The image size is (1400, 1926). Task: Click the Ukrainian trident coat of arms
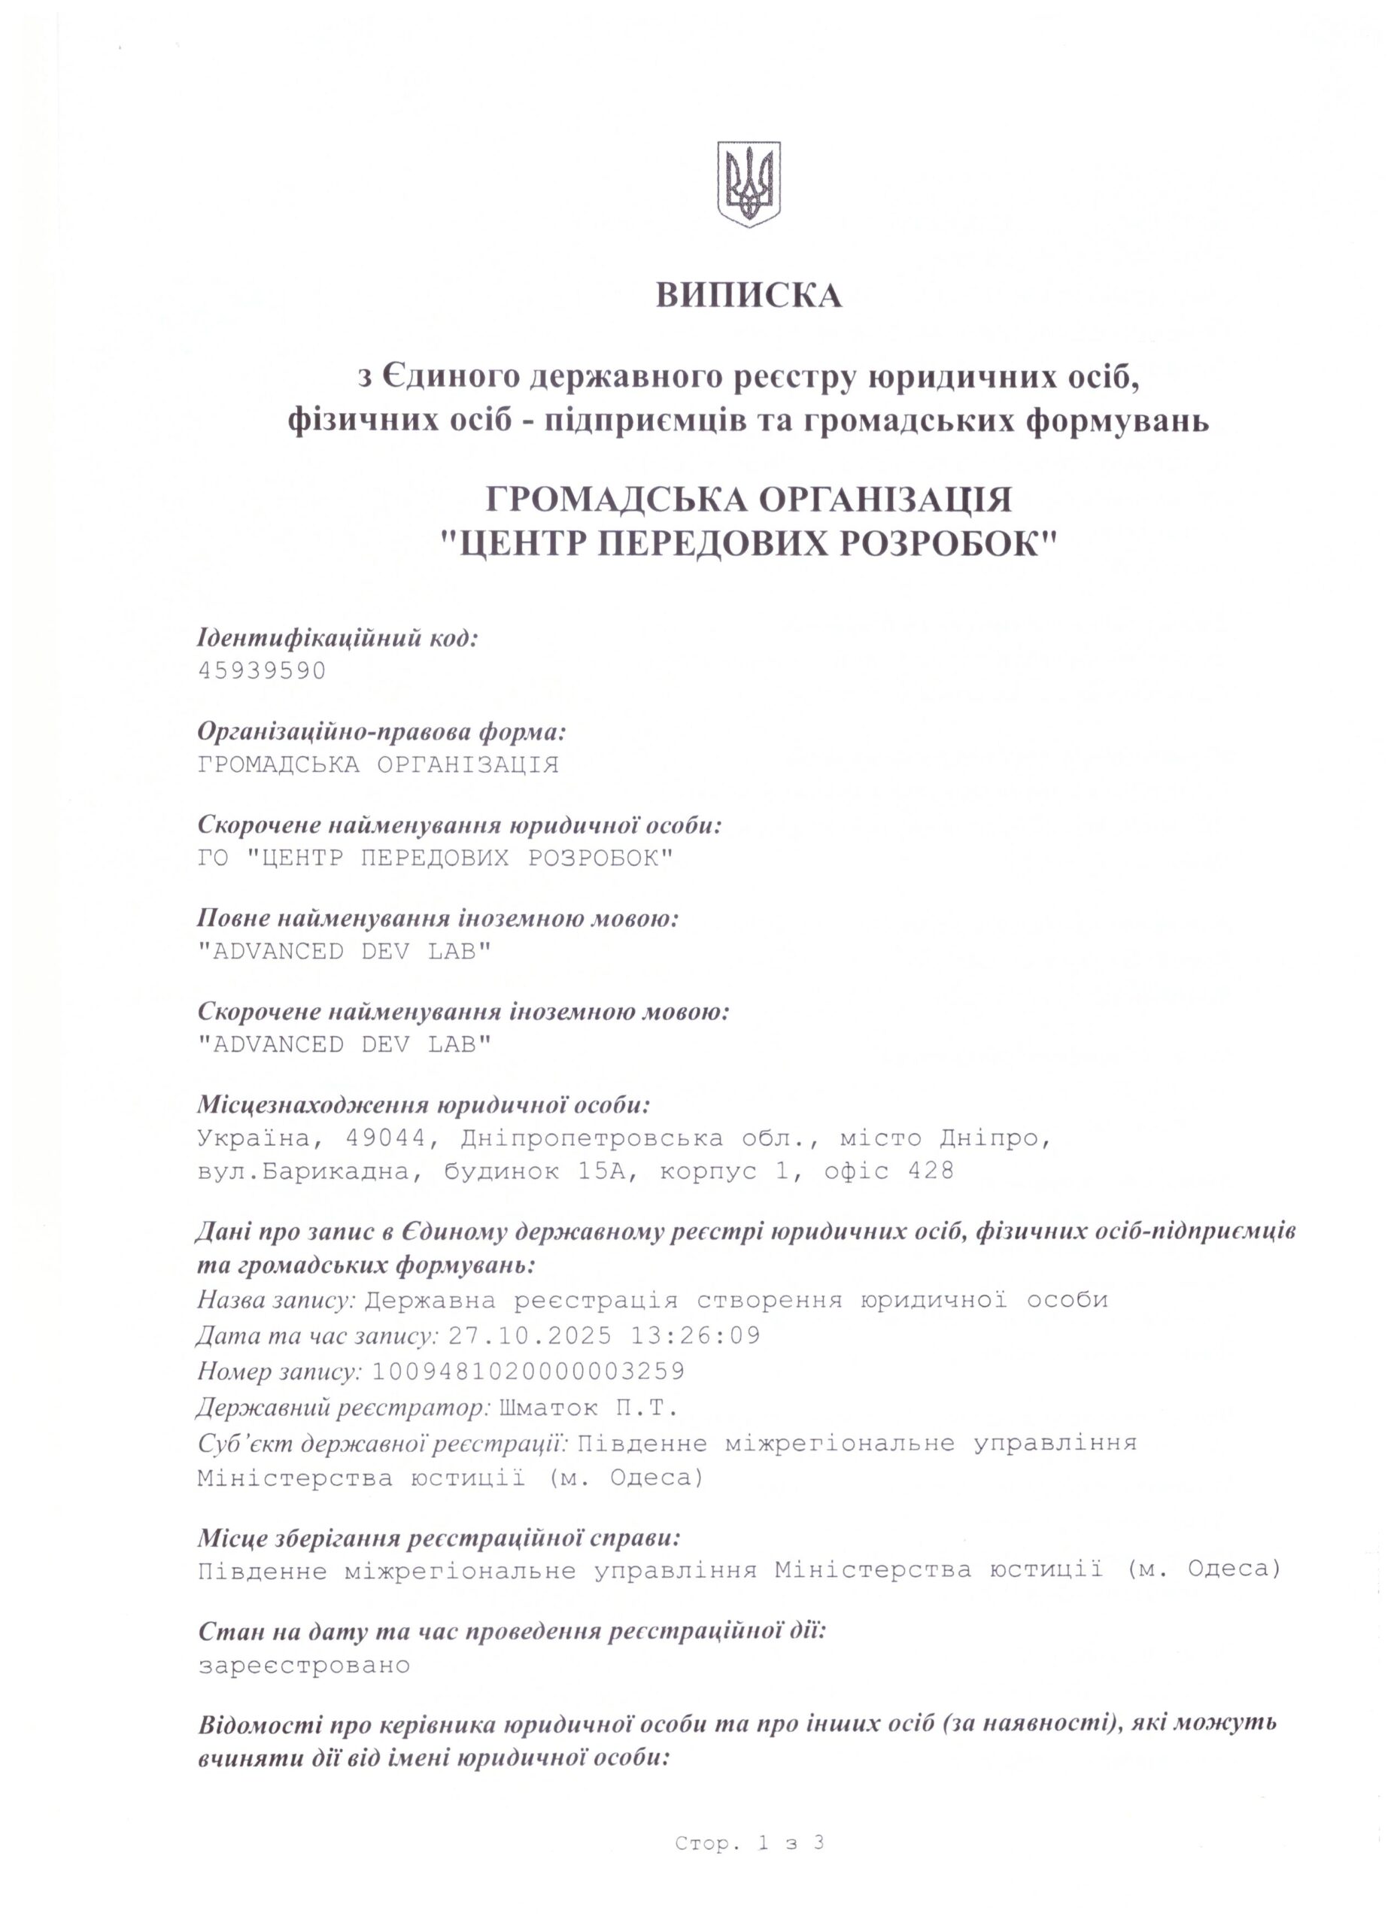(x=748, y=184)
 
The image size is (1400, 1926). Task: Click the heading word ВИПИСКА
(x=748, y=296)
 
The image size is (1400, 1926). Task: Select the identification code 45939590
(x=262, y=671)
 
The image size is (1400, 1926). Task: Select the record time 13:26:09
(x=695, y=1336)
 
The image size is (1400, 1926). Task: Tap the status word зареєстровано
(x=304, y=1665)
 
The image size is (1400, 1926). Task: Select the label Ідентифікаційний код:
(x=338, y=638)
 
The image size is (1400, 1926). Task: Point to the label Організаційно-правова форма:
(x=381, y=731)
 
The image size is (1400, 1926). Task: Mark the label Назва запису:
(x=276, y=1300)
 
